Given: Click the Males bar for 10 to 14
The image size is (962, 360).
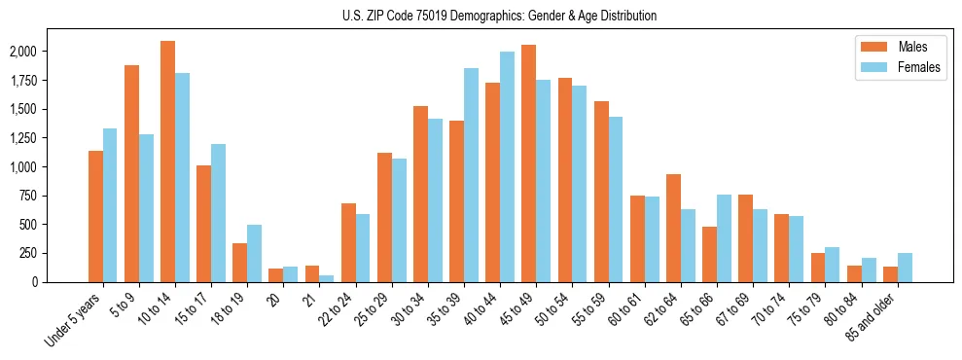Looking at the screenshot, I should (167, 162).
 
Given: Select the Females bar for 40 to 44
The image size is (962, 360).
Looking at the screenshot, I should (507, 166).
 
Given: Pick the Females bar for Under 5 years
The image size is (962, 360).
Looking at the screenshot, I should (110, 205).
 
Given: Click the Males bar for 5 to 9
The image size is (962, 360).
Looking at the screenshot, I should (131, 173).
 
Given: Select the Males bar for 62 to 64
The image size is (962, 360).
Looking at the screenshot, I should (673, 228).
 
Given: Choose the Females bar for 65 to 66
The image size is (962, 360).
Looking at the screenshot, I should (724, 238).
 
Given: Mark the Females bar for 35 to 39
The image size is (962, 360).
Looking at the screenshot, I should (471, 175).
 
